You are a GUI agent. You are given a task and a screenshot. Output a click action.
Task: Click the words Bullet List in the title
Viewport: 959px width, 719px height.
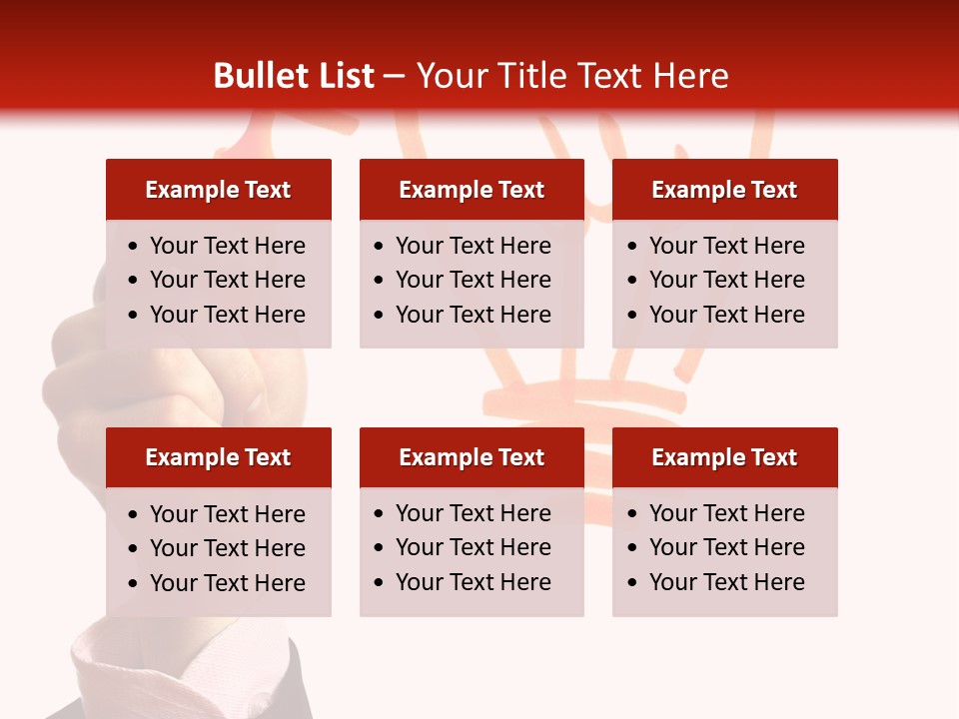(x=294, y=76)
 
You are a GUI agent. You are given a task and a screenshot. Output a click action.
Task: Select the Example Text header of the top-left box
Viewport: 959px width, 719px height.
(x=218, y=190)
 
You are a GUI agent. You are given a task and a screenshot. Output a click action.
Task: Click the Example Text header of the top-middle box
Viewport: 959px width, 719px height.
(x=472, y=190)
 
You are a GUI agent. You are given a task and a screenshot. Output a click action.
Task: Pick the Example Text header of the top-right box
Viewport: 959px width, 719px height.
(x=724, y=190)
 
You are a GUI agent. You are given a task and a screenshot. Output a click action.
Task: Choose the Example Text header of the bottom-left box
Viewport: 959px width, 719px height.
(x=218, y=457)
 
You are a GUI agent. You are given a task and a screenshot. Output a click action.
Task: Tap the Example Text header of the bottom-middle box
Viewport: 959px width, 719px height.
(x=472, y=457)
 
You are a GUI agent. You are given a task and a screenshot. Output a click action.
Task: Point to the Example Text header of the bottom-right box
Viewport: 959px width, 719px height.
(x=724, y=457)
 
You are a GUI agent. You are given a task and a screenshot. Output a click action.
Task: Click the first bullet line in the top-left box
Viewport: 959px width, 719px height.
(x=227, y=246)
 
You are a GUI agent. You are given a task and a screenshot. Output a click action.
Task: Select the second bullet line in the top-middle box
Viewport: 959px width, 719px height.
(x=473, y=280)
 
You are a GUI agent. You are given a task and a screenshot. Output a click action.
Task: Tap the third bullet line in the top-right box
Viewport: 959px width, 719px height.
(x=726, y=315)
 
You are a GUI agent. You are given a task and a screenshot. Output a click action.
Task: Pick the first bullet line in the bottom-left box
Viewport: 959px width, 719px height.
(x=227, y=514)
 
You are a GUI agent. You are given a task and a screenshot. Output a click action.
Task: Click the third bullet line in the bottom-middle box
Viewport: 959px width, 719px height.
(x=473, y=582)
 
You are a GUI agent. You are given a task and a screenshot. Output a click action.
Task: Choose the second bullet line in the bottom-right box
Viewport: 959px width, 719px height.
(x=726, y=547)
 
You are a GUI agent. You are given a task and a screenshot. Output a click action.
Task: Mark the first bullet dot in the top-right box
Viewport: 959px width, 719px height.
(x=633, y=247)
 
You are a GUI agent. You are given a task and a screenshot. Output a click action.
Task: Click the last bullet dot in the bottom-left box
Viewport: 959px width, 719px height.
(x=134, y=584)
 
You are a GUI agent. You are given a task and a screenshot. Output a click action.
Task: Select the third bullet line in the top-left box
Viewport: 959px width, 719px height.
(x=227, y=315)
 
